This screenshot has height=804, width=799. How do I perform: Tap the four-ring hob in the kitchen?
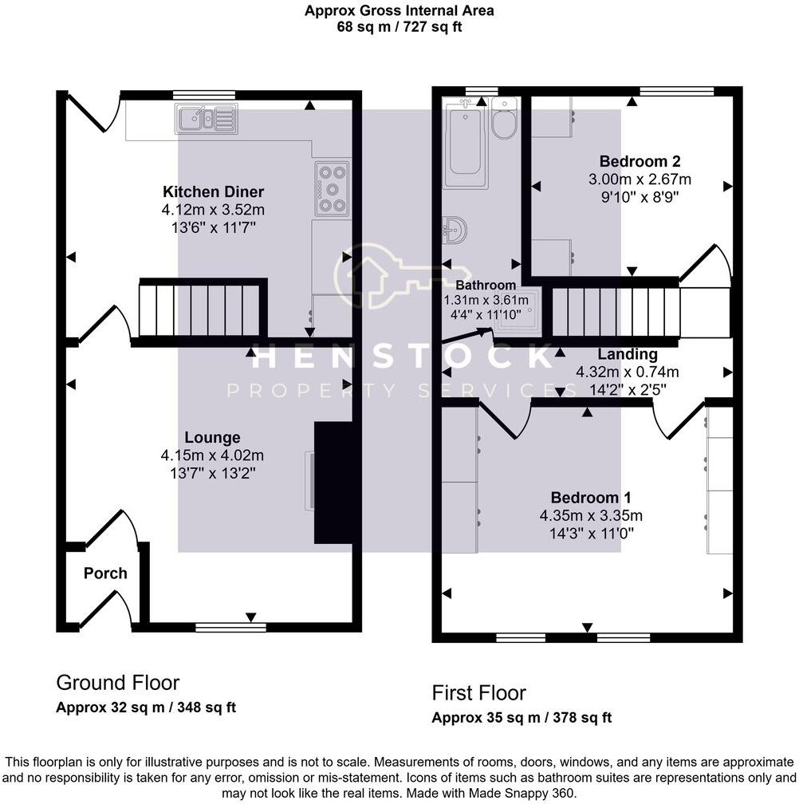332,189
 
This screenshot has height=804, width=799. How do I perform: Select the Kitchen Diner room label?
213,192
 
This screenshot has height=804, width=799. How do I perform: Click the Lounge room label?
212,438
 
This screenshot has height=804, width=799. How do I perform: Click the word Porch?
105,573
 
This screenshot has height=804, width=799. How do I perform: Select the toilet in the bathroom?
505,120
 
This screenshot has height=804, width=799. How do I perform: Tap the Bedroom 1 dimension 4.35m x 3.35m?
591,514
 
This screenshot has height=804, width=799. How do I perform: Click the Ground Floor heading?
117,683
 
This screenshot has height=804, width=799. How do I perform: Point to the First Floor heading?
478,692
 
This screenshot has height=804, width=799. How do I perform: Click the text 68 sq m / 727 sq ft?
399,26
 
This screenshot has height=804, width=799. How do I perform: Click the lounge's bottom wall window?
231,628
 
